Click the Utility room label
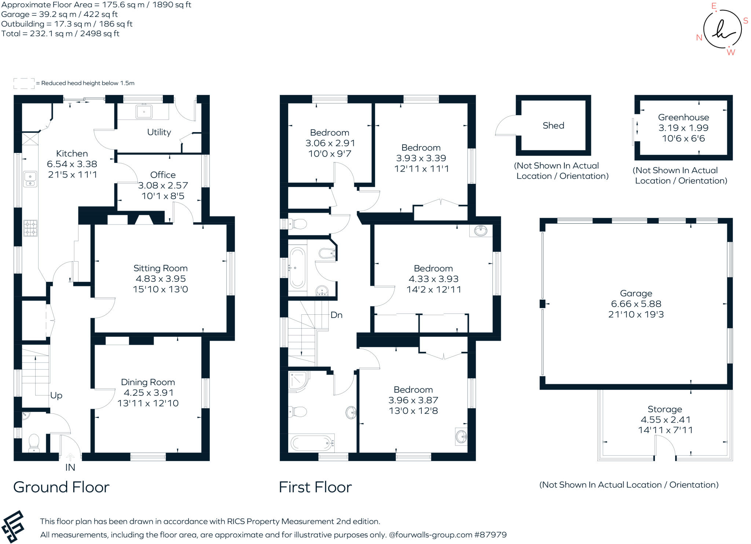[x=159, y=132]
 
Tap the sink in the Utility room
[x=144, y=112]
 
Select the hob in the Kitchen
[x=30, y=227]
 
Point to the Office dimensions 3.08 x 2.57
[x=163, y=185]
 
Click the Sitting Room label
[x=160, y=268]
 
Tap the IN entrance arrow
[x=70, y=457]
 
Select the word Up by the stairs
[x=56, y=395]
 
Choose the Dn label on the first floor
[x=336, y=315]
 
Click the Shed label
[x=553, y=125]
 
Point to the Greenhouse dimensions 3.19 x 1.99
[x=683, y=128]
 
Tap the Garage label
[x=636, y=293]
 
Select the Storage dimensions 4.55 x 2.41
[x=665, y=420]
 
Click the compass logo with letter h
[x=722, y=29]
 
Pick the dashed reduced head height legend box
[x=24, y=83]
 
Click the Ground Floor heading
[x=61, y=487]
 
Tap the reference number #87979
[x=490, y=535]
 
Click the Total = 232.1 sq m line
[x=60, y=34]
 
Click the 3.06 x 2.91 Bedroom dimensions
[x=330, y=143]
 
